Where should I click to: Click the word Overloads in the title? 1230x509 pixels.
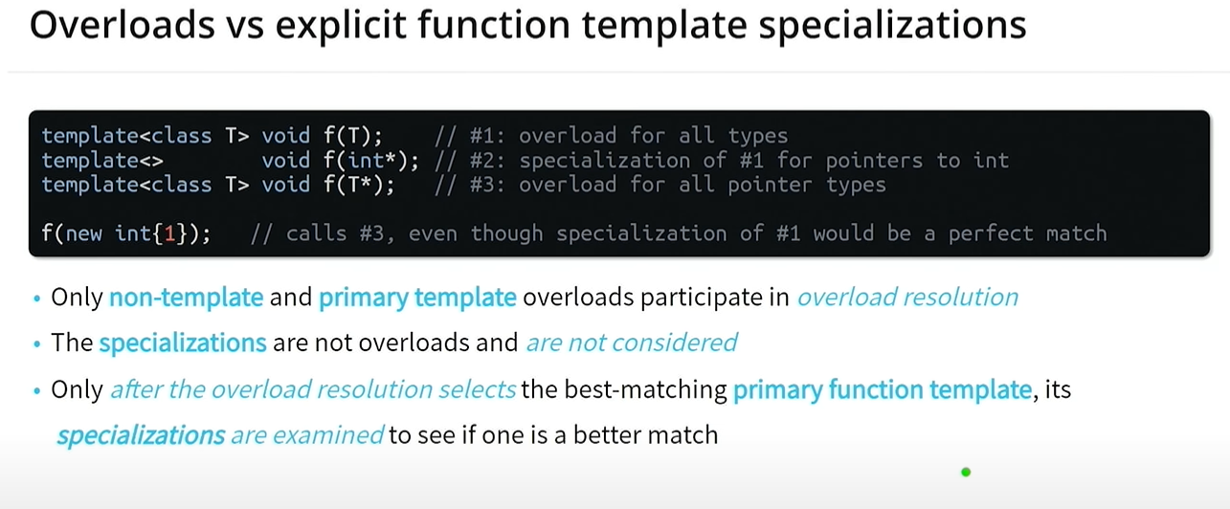[x=122, y=25]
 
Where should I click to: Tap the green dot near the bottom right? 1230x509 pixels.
[x=966, y=472]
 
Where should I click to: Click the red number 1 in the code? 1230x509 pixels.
[x=169, y=233]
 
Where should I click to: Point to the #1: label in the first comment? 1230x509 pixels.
[x=487, y=136]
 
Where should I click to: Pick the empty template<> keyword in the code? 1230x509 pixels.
[x=102, y=161]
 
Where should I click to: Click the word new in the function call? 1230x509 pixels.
[x=84, y=234]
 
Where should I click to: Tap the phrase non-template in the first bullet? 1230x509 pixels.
[x=186, y=298]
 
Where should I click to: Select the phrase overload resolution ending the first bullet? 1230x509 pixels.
[x=907, y=298]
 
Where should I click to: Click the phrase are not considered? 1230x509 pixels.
[x=632, y=343]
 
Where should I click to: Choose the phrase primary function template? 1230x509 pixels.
[x=883, y=389]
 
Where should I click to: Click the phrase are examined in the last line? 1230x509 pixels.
[x=307, y=435]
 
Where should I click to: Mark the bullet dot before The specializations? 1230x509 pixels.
[x=36, y=344]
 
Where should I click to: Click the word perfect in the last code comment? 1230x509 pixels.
[x=991, y=234]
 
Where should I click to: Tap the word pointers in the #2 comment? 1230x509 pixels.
[x=874, y=161]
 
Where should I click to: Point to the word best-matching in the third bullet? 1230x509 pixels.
[x=645, y=389]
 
